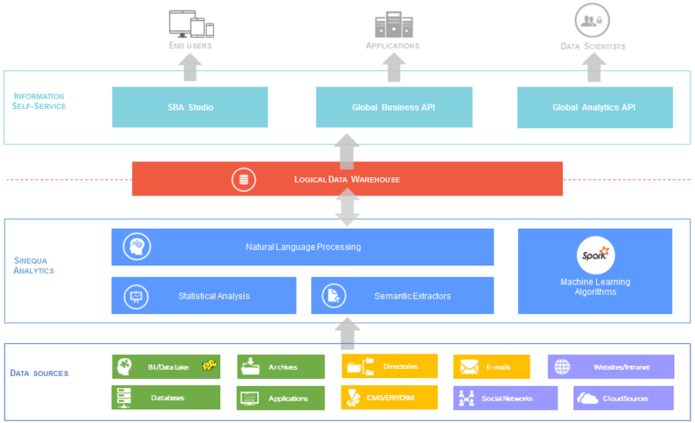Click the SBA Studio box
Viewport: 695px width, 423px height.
pos(190,107)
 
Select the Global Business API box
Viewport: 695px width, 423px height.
pos(394,107)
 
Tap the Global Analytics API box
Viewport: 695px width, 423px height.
pos(595,107)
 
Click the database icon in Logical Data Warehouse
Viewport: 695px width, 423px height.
pos(244,179)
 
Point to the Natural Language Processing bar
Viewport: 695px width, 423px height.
pos(303,247)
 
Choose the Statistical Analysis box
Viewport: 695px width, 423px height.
pos(204,295)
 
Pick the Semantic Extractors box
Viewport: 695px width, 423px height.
pos(402,295)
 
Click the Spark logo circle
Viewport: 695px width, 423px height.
pos(595,254)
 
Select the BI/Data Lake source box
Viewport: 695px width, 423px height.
pos(166,367)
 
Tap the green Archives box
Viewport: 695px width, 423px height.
pos(281,367)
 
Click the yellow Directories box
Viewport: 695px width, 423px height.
pos(390,366)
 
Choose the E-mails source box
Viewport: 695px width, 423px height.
pos(492,367)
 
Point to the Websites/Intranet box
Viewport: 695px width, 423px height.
pos(611,367)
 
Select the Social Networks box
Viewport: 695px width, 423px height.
pos(505,398)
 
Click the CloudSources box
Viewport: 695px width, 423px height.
pos(624,398)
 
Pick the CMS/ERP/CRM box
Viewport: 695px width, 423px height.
pos(390,397)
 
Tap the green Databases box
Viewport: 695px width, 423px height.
pos(166,397)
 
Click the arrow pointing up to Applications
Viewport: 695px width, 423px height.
pos(395,68)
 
